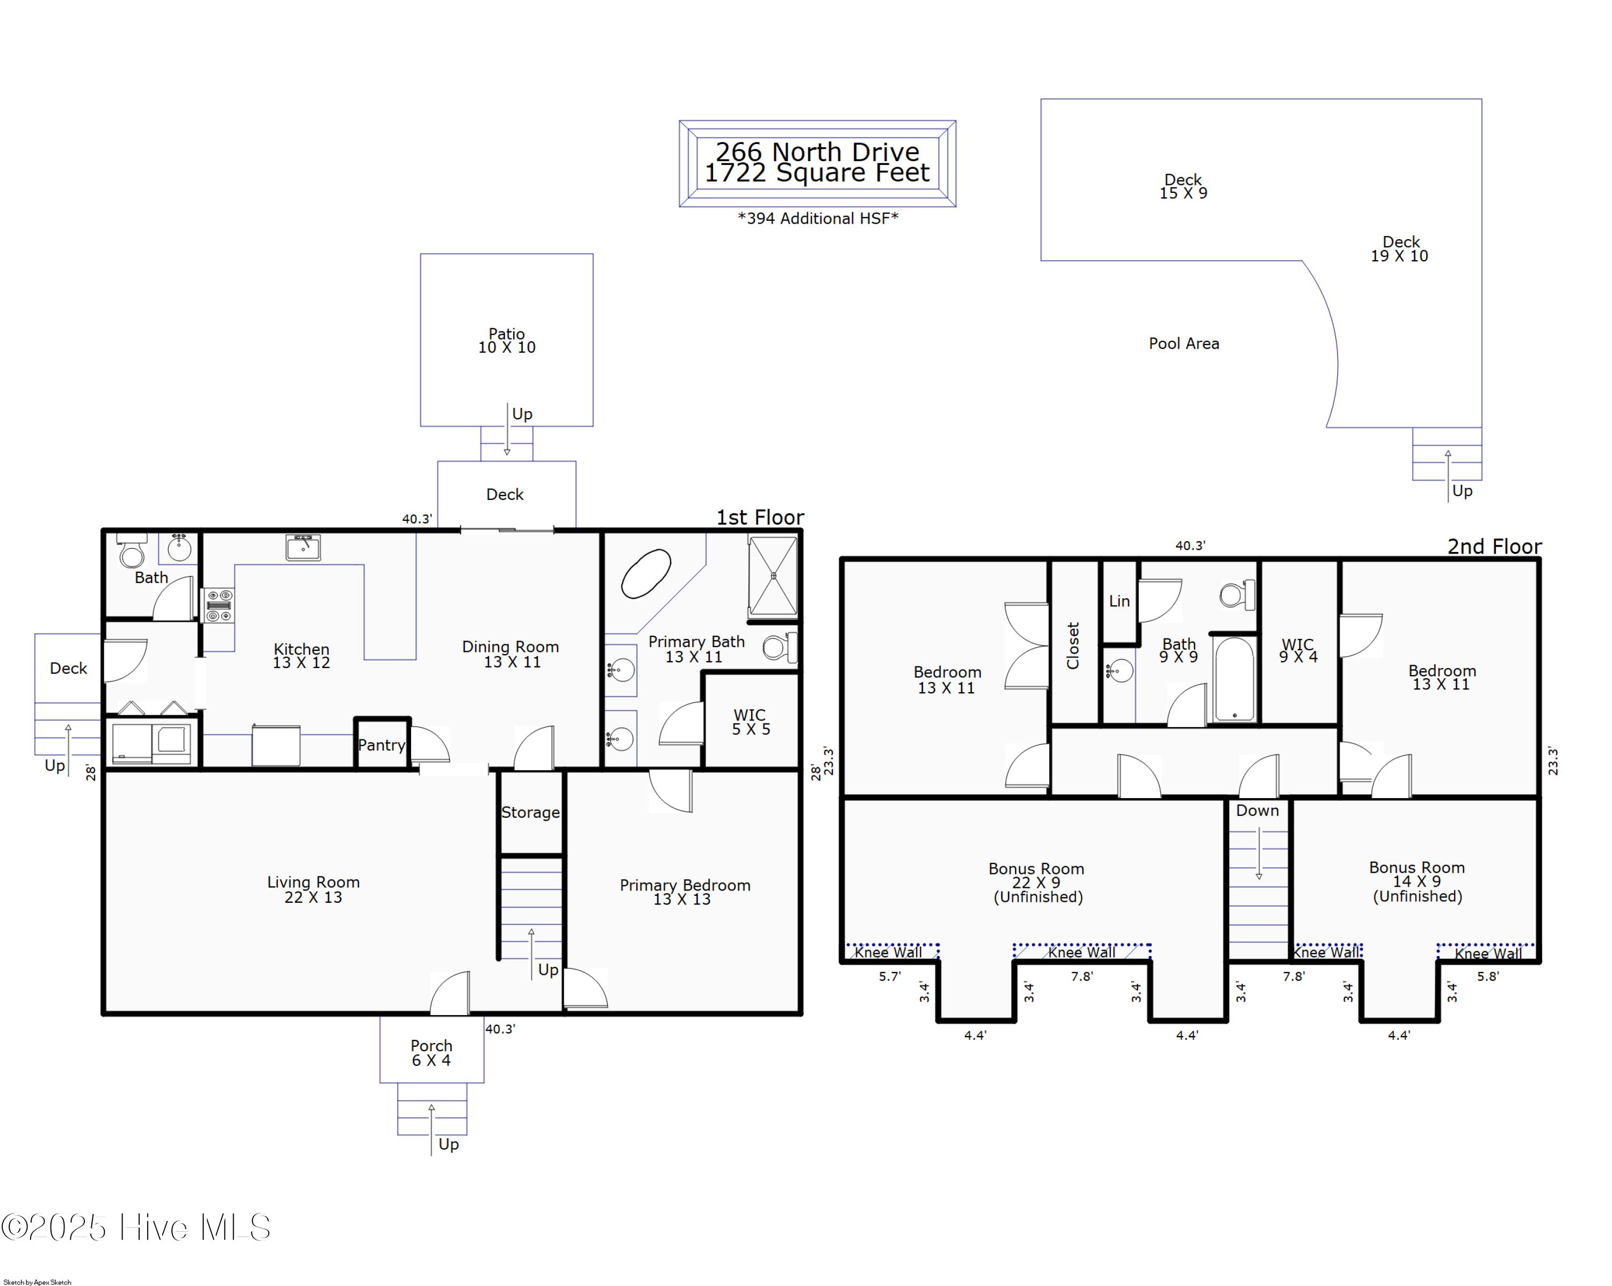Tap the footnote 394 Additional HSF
pyautogui.click(x=818, y=218)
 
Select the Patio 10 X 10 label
pyautogui.click(x=507, y=340)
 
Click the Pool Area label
pyautogui.click(x=1184, y=344)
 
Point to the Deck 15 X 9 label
pyautogui.click(x=1183, y=186)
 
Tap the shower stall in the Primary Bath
pyautogui.click(x=773, y=576)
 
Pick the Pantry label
pyautogui.click(x=382, y=745)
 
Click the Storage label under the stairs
pyautogui.click(x=530, y=812)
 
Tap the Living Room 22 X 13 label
pyautogui.click(x=313, y=889)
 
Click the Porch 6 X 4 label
pyautogui.click(x=431, y=1053)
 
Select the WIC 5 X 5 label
pyautogui.click(x=750, y=722)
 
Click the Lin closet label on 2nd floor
pyautogui.click(x=1119, y=601)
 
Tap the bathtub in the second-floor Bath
pyautogui.click(x=1234, y=679)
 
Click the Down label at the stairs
pyautogui.click(x=1257, y=810)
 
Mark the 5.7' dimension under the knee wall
pyautogui.click(x=890, y=976)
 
